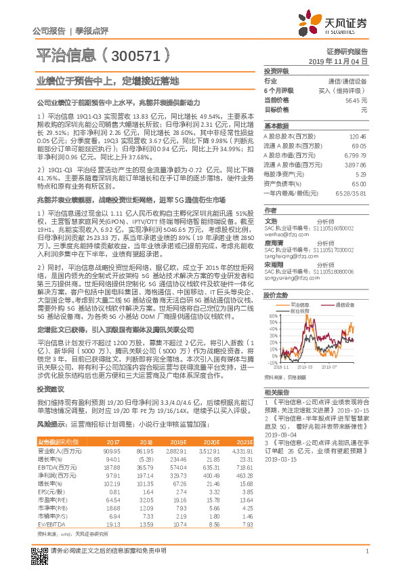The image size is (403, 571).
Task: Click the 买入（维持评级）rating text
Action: click(x=342, y=90)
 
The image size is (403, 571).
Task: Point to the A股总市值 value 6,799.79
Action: click(x=355, y=155)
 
